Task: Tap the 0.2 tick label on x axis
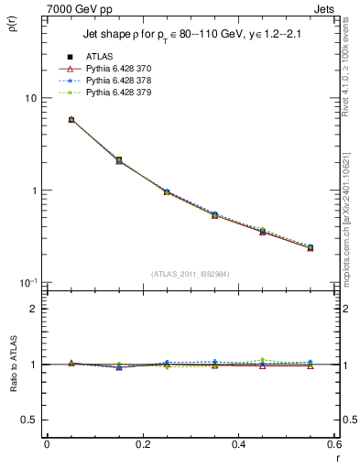coord(142,445)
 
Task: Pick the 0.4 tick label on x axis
coord(238,445)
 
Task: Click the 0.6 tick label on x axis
coord(333,445)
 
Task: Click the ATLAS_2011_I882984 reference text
coord(191,273)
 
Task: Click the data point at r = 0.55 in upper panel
coord(311,247)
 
